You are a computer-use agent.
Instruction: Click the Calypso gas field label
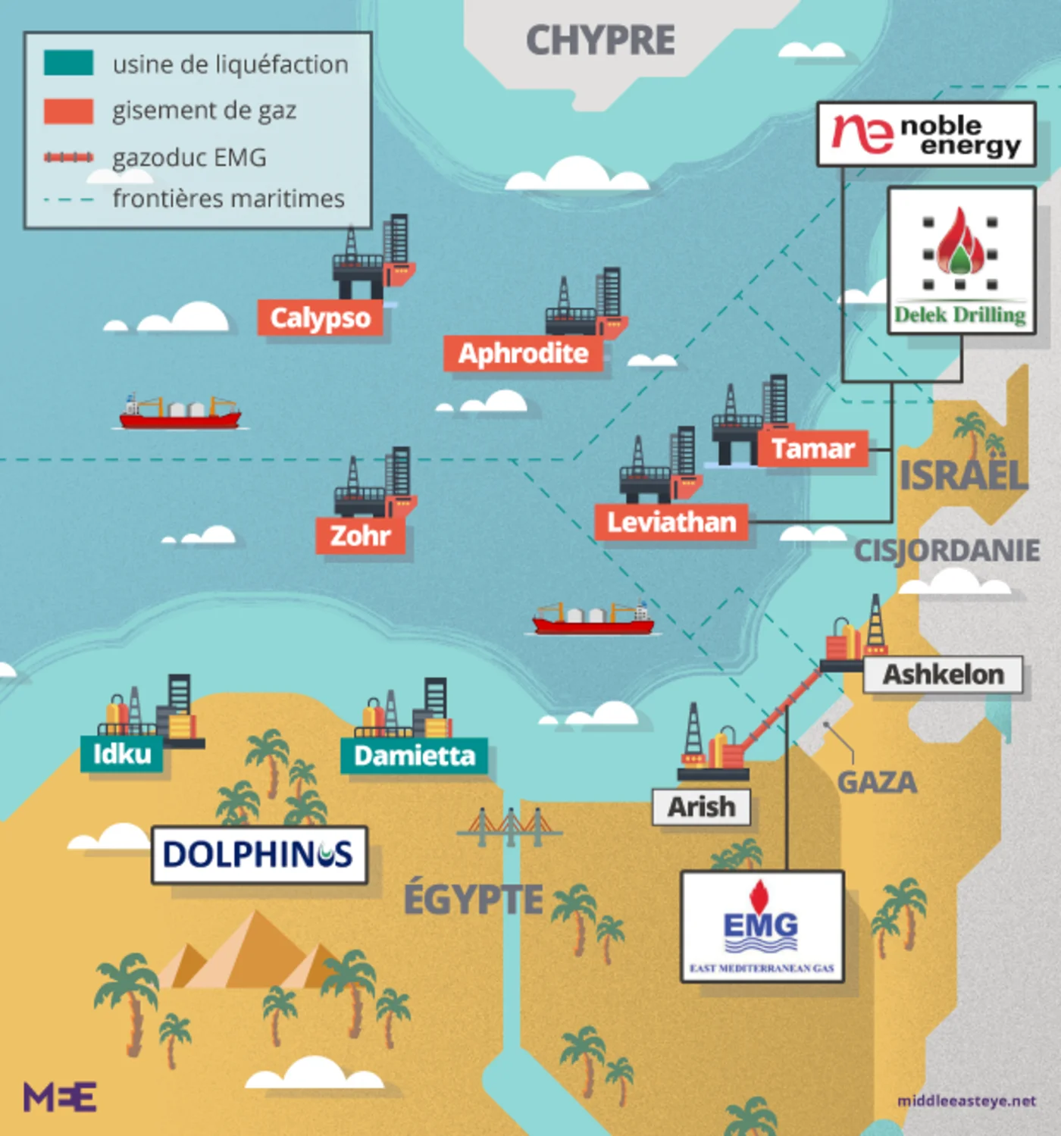click(320, 318)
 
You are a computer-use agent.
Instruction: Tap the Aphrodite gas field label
click(523, 353)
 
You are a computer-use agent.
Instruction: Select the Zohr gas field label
click(360, 536)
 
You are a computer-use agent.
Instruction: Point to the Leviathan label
click(671, 522)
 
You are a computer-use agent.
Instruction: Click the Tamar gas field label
click(813, 449)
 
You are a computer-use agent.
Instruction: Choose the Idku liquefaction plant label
click(121, 754)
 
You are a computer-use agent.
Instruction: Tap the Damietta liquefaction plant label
click(414, 756)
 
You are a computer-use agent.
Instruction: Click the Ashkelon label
click(943, 674)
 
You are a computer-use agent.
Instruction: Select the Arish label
click(701, 806)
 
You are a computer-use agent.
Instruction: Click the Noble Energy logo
click(926, 134)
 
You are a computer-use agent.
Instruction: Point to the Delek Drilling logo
click(961, 260)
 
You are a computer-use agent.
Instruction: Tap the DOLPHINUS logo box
click(259, 855)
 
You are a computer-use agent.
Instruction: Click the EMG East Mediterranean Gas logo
click(762, 926)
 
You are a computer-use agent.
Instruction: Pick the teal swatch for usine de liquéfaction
click(68, 63)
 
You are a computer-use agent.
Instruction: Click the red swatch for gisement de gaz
click(68, 111)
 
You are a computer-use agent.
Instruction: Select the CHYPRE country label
click(600, 40)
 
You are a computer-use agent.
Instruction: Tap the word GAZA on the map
click(877, 782)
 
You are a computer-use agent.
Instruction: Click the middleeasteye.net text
click(966, 1100)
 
